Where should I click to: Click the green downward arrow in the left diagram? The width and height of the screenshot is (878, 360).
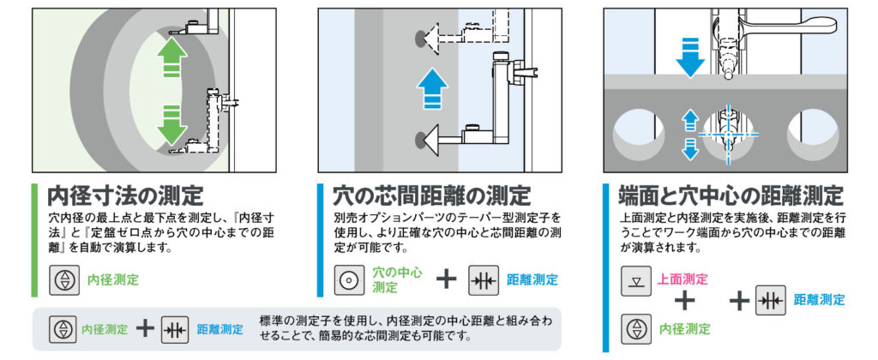point(171,123)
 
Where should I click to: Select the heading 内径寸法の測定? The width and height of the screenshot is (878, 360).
point(124,196)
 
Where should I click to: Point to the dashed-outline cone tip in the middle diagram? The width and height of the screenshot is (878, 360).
point(432,39)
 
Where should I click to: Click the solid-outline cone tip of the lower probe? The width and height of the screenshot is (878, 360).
point(432,137)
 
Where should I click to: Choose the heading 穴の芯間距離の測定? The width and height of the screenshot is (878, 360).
point(431,196)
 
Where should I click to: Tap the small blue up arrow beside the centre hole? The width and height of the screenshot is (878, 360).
point(691,118)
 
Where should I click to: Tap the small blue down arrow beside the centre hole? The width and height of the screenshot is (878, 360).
point(691,149)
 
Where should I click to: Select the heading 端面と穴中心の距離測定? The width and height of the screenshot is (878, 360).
point(731,196)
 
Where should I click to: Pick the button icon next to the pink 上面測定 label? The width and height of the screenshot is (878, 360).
point(636,281)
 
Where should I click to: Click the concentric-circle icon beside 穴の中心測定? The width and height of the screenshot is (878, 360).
point(348,280)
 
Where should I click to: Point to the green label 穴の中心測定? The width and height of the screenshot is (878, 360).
point(398,280)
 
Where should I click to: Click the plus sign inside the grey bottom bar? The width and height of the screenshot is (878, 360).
point(145,328)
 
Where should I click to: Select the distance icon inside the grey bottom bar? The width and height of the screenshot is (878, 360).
point(175,329)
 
